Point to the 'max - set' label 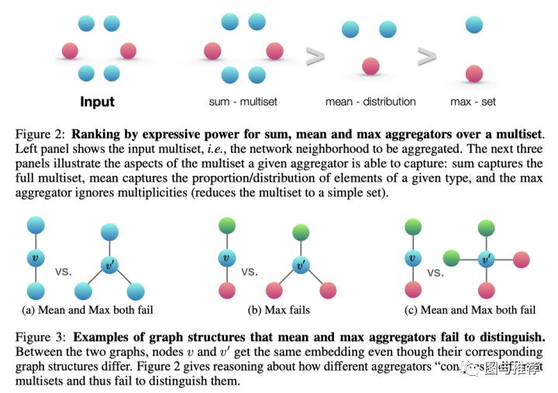point(473,102)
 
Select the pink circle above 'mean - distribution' point(370,65)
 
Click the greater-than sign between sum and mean point(314,56)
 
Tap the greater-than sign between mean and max point(427,56)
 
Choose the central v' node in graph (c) point(486,258)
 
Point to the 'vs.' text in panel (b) point(250,272)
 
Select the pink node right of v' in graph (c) point(521,258)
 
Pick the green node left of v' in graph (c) point(451,258)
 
